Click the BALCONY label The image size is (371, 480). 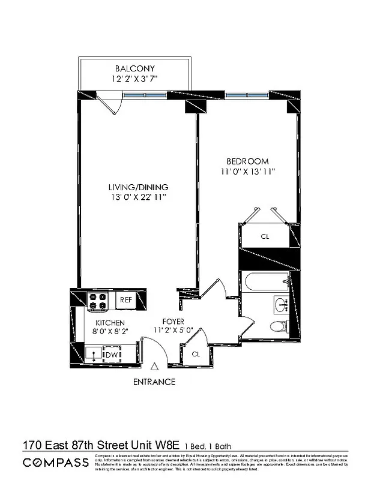pyautogui.click(x=134, y=69)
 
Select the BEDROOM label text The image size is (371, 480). pyautogui.click(x=247, y=161)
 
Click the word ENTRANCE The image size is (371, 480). pyautogui.click(x=154, y=382)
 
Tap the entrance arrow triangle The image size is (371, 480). pyautogui.click(x=155, y=367)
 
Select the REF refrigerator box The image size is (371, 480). pyautogui.click(x=126, y=299)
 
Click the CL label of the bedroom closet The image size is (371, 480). pyautogui.click(x=265, y=236)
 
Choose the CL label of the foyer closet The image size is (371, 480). pyautogui.click(x=196, y=354)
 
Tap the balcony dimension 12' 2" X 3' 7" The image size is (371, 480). pyautogui.click(x=134, y=79)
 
